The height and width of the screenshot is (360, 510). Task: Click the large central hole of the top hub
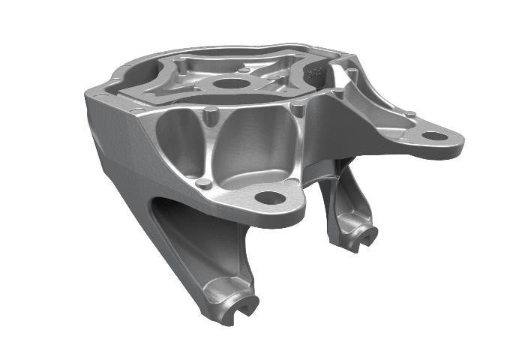(x=230, y=83)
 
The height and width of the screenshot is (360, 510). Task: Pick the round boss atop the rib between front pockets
(x=211, y=112)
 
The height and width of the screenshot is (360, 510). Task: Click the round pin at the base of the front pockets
(x=202, y=183)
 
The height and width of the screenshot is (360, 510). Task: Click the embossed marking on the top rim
(x=316, y=73)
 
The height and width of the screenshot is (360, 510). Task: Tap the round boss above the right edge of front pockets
(x=298, y=109)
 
